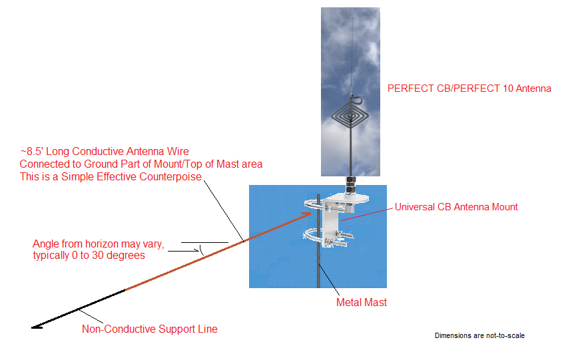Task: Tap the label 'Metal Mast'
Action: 362,303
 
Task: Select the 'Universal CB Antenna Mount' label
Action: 456,207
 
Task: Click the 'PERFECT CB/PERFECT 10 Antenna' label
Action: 469,88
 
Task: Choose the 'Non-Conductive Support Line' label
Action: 150,329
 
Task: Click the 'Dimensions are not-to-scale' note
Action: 479,335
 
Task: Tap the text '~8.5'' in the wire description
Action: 32,152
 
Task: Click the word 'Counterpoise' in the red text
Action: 172,176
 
